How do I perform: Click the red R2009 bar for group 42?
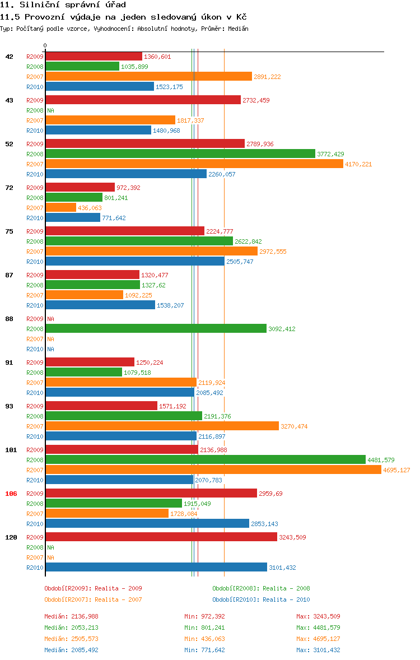pos(94,57)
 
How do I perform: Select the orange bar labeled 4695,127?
pos(213,470)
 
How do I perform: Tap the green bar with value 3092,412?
pos(156,329)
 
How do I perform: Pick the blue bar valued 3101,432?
pos(156,568)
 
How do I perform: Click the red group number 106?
pos(11,494)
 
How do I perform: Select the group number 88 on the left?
pos(9,319)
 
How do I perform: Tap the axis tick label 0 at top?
pos(45,45)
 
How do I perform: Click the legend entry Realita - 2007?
pos(93,599)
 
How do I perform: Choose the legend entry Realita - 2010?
pos(261,599)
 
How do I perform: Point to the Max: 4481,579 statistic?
pos(318,628)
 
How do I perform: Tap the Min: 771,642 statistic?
pos(204,650)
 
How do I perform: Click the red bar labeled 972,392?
pos(80,188)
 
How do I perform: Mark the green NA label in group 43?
pos(50,110)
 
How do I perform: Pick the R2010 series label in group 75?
pos(35,262)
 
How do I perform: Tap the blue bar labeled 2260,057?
pos(126,174)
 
